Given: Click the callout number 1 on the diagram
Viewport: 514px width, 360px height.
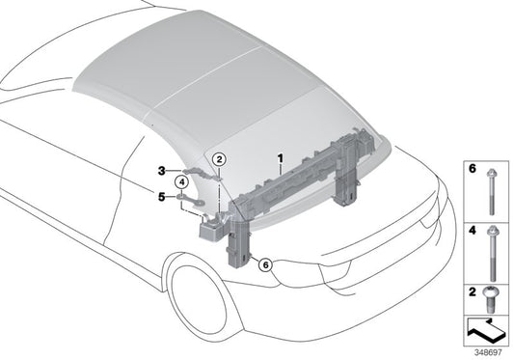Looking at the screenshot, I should [x=280, y=156].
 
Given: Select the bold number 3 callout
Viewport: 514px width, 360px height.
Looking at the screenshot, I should [x=163, y=171].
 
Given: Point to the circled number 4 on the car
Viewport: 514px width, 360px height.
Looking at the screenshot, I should [x=181, y=181].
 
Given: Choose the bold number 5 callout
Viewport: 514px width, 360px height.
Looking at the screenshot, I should [x=163, y=197].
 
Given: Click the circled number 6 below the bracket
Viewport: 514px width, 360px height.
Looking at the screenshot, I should [x=267, y=263].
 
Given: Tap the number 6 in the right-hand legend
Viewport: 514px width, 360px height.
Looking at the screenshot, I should [x=472, y=168].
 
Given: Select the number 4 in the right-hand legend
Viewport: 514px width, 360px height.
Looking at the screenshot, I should [x=472, y=233].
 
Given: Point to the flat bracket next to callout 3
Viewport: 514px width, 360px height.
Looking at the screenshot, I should [x=199, y=173].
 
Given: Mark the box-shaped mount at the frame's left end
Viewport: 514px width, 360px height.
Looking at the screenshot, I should [x=210, y=228].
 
